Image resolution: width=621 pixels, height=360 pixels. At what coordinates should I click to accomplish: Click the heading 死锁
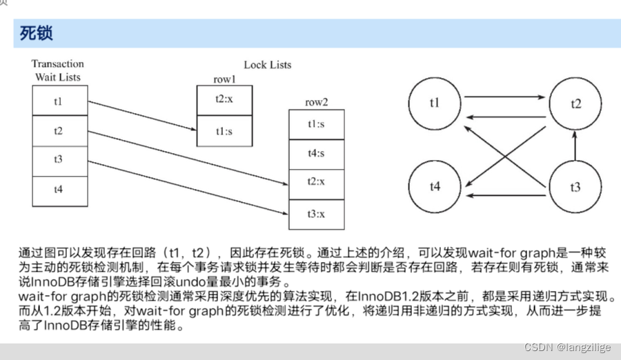tap(37, 32)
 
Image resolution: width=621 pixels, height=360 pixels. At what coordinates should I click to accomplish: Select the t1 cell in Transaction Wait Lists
tap(59, 101)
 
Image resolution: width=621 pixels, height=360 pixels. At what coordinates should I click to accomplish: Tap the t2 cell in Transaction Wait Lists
tap(59, 130)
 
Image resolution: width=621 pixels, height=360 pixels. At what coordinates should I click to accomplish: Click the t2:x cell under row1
tap(225, 99)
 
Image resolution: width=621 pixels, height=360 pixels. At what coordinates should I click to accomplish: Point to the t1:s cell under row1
tap(225, 131)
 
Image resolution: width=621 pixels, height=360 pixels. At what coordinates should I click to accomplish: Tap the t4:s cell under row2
tap(316, 153)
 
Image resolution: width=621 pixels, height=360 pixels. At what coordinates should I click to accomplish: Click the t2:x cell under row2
tap(316, 182)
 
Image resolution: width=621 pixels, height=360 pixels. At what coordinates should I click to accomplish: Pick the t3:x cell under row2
tap(316, 214)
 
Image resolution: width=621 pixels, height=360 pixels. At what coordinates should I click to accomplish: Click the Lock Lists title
tap(268, 65)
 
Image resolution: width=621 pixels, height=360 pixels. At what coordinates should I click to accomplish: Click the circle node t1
tap(435, 103)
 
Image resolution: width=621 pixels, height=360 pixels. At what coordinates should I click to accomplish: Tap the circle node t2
tap(575, 103)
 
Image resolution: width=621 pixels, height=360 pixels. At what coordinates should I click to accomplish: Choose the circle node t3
tap(575, 187)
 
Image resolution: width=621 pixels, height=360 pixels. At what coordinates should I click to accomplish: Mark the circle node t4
tap(435, 187)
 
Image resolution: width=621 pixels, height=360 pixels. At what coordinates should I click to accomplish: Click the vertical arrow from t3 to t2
tap(575, 146)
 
